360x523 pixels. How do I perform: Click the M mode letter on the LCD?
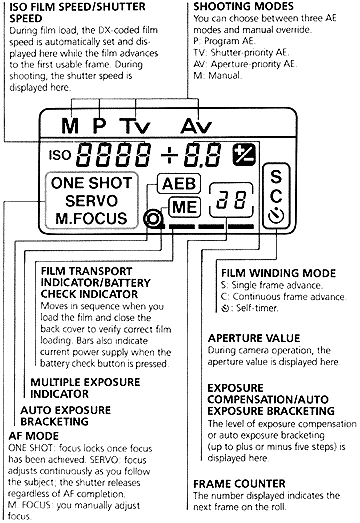70,126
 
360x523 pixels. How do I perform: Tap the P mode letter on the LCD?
99,125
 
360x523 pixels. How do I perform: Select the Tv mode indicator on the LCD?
135,126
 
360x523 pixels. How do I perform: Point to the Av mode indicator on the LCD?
196,126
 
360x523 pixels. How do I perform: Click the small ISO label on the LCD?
60,155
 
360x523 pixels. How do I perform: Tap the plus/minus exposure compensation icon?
244,155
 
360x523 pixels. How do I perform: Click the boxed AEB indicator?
179,184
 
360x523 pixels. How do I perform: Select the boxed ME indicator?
185,207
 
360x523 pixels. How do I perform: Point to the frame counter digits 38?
231,200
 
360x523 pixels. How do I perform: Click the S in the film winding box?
276,176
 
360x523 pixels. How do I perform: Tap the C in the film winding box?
276,196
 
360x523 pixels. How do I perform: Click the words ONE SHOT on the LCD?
92,183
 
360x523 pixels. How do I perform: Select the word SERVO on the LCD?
91,201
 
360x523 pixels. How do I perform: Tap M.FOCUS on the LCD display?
91,218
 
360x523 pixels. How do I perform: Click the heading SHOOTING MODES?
244,6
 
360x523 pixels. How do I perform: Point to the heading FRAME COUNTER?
239,484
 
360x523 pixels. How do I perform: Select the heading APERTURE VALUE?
254,338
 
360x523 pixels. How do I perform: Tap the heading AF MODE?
33,436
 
